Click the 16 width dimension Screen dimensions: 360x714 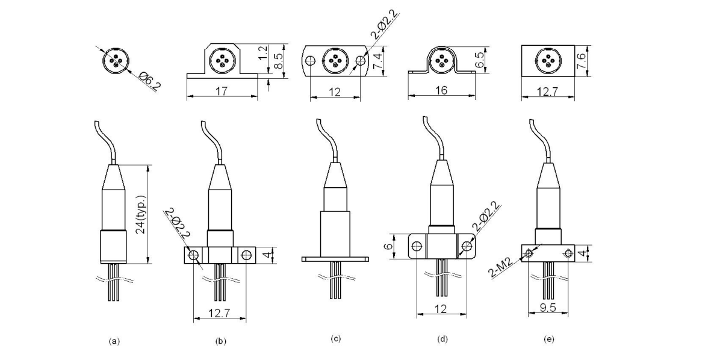[439, 91]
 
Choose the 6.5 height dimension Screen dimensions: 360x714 [480, 60]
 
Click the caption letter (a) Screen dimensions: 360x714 [113, 341]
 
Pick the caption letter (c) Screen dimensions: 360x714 [336, 340]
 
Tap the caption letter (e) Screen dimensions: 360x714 [548, 340]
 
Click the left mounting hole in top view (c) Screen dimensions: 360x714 [311, 61]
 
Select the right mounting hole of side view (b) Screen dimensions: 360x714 [246, 255]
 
